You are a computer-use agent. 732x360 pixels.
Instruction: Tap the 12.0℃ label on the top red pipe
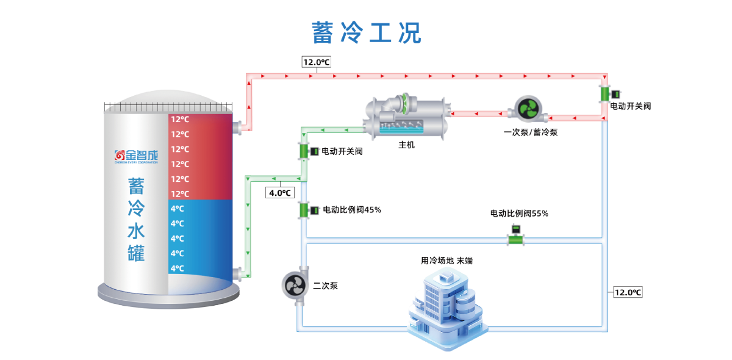[316, 62]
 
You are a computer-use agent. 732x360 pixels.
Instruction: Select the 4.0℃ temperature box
[280, 193]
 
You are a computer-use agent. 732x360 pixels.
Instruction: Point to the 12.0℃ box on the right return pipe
[628, 292]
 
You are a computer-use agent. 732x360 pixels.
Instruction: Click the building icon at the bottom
[448, 311]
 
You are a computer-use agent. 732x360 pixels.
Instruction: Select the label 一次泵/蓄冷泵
[530, 132]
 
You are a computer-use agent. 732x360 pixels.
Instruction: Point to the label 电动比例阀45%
[352, 210]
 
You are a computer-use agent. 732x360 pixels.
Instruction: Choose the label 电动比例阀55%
[519, 214]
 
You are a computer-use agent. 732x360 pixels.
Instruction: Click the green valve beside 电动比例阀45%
[304, 211]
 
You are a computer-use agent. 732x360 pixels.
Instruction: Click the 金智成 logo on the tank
[136, 156]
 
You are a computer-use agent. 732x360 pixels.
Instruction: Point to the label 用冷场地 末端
[447, 261]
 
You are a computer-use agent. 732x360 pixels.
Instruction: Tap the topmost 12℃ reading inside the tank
[180, 120]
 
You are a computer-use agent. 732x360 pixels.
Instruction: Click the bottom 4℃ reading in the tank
[177, 268]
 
